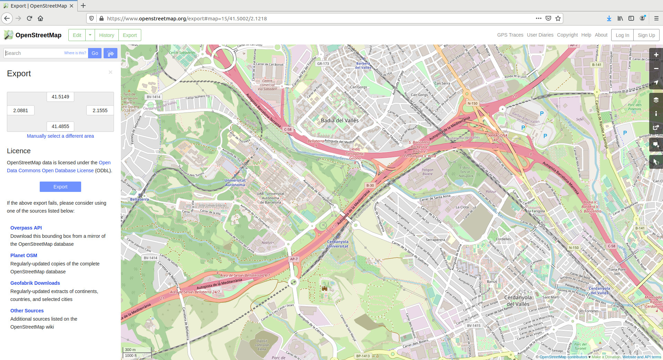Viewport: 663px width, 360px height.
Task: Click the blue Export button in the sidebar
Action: pos(60,187)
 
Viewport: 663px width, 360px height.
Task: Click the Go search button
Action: pos(95,53)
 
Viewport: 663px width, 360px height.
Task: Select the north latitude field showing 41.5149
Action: pos(60,97)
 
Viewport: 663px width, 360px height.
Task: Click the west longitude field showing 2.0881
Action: pos(21,110)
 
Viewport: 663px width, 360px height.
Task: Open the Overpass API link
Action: pos(26,228)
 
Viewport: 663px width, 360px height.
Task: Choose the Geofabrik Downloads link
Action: pos(35,283)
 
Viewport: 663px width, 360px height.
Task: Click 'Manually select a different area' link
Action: pos(60,136)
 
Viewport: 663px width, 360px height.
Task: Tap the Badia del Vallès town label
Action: pos(339,120)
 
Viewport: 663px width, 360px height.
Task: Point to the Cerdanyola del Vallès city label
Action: pos(518,301)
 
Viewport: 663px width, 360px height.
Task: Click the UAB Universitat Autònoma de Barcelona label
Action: pos(270,198)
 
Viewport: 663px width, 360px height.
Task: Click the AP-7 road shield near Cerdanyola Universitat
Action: pos(294,259)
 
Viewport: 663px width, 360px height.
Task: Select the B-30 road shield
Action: pos(370,185)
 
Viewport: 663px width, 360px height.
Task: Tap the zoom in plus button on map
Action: pos(656,55)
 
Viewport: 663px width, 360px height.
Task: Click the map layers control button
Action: pos(656,100)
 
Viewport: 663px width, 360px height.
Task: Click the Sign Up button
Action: pos(646,35)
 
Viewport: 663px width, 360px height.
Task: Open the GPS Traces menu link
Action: pos(510,35)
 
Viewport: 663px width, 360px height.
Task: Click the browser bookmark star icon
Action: pos(558,18)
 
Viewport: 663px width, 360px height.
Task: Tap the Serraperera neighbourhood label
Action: pos(435,240)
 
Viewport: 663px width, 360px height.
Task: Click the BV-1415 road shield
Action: pos(473,325)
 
